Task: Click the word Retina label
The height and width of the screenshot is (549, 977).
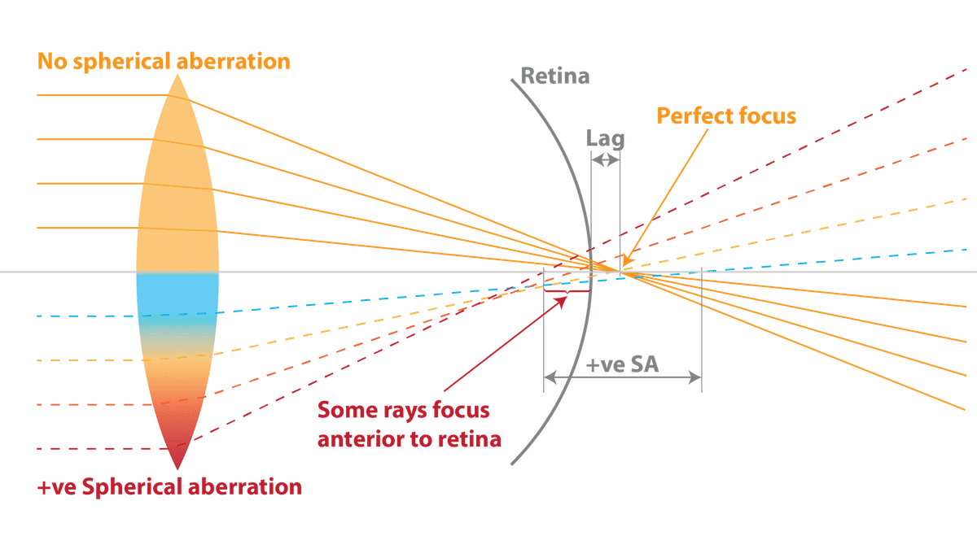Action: [555, 78]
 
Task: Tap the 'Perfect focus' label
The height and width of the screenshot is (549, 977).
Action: [726, 115]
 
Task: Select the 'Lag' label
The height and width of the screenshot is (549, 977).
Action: [607, 138]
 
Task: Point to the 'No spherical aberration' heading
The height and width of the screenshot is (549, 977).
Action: [163, 62]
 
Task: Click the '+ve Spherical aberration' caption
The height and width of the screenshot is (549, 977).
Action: [170, 488]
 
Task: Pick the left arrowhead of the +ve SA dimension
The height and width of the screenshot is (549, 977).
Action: [550, 377]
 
